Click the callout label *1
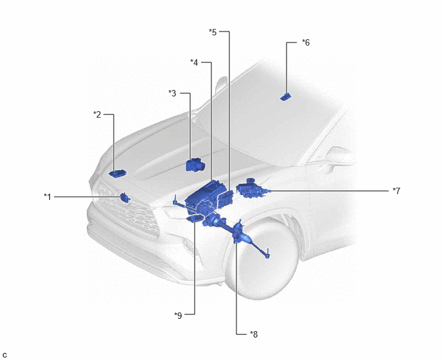[x=48, y=197]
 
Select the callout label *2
[x=97, y=114]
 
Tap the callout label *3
[x=172, y=93]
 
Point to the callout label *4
[x=194, y=62]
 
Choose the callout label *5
[x=213, y=32]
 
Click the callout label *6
[x=306, y=42]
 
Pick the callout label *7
[x=396, y=191]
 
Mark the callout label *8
[x=254, y=334]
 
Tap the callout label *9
[x=178, y=316]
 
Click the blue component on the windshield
[x=285, y=97]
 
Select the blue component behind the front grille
[x=125, y=197]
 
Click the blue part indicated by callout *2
[x=118, y=173]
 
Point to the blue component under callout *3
[x=195, y=165]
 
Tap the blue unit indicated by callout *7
[x=252, y=188]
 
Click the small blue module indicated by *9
[x=195, y=219]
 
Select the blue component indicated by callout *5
[x=225, y=199]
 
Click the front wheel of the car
[x=263, y=257]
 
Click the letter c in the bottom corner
[x=4, y=355]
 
